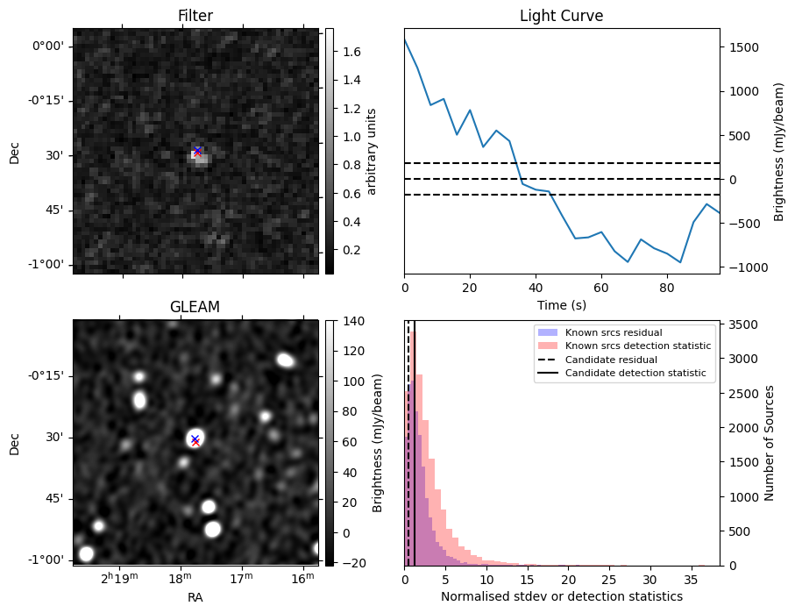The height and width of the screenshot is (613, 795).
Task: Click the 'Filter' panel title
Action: (195, 16)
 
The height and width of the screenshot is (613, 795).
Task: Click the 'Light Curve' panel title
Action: (561, 16)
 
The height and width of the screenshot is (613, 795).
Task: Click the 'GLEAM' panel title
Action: (195, 307)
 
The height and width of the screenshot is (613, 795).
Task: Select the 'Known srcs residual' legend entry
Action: (611, 333)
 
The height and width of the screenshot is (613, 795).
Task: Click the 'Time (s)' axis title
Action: (561, 304)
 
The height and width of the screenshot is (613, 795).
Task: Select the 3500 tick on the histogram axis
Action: (741, 324)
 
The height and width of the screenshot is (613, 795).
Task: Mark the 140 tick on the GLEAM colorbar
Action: (344, 321)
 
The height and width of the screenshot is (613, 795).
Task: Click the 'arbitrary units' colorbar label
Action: (372, 151)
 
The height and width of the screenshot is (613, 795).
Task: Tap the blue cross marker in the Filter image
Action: (198, 151)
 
